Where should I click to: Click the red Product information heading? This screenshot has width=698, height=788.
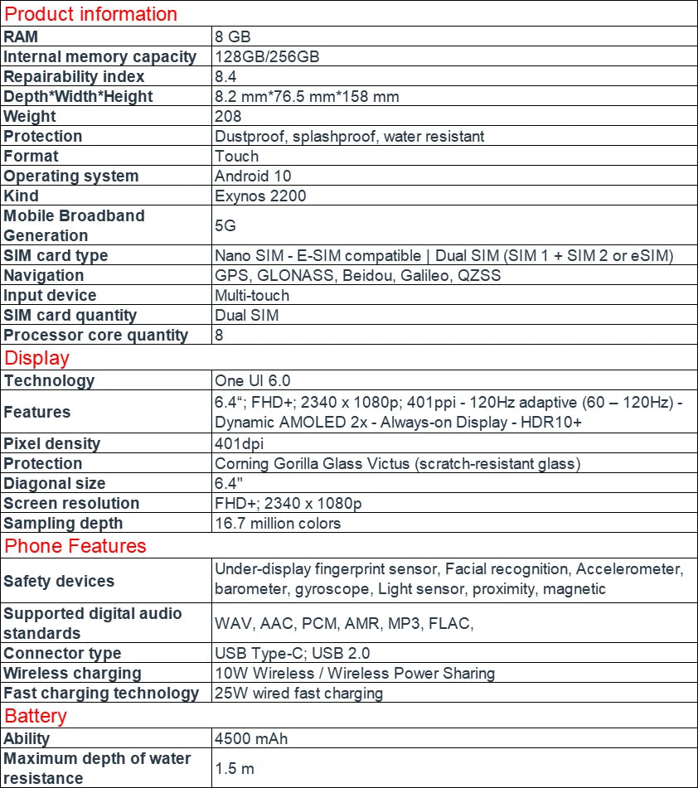pos(91,14)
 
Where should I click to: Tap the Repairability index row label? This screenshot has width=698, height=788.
pos(74,76)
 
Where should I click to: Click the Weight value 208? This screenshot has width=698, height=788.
pos(228,116)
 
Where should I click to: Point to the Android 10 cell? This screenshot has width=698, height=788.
pos(253,176)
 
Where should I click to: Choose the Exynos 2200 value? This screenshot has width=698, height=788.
pos(260,196)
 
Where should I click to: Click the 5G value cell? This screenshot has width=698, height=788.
pos(225,225)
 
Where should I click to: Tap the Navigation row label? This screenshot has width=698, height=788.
pos(44,275)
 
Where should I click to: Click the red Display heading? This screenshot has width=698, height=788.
pos(37,358)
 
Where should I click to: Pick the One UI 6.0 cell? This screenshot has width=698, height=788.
pos(253,380)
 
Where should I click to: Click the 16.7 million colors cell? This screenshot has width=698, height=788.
pos(278,523)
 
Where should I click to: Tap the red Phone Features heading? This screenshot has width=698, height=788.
pos(75,546)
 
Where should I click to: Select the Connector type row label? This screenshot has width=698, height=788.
pos(62,653)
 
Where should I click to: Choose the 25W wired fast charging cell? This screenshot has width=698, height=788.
pos(298,693)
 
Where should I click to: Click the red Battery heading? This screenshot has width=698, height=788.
pos(36,716)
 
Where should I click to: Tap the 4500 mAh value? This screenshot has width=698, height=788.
pos(251,738)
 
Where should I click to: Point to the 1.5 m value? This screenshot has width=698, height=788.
pos(234,768)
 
